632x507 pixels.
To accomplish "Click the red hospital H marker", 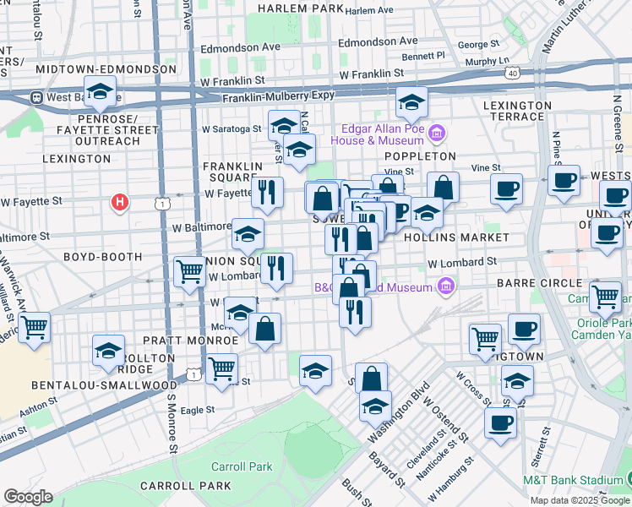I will (x=121, y=203).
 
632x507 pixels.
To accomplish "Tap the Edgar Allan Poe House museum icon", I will (x=437, y=133).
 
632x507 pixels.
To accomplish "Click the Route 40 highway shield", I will (x=512, y=74).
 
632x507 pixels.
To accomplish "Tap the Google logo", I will (x=28, y=496).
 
